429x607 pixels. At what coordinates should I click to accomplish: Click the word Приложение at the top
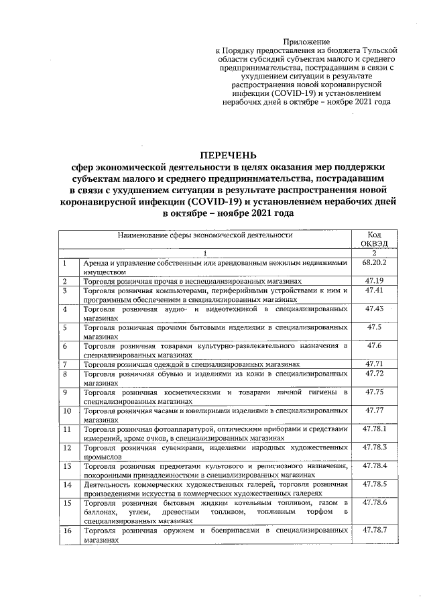304,42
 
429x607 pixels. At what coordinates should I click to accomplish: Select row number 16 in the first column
68,530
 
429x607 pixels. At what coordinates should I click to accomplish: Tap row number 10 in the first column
68,409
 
